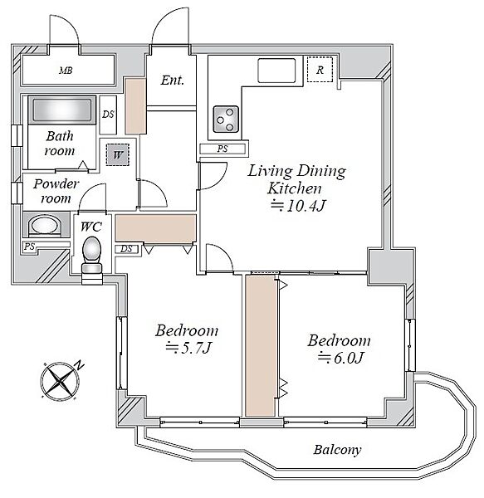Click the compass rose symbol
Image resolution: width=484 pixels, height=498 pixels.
pyautogui.click(x=60, y=380)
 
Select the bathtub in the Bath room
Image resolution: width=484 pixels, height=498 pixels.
pyautogui.click(x=62, y=110)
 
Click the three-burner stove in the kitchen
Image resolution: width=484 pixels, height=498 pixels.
pyautogui.click(x=226, y=119)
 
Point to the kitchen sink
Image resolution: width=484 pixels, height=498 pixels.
pyautogui.click(x=276, y=71)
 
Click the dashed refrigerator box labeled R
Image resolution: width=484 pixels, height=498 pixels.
pyautogui.click(x=320, y=70)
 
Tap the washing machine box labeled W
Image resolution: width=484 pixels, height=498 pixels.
pyautogui.click(x=118, y=154)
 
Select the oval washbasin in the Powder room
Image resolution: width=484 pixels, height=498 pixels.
pyautogui.click(x=45, y=226)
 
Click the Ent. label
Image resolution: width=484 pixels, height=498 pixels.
pyautogui.click(x=173, y=81)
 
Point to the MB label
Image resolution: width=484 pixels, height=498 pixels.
pyautogui.click(x=66, y=71)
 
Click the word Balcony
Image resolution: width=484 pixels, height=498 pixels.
pyautogui.click(x=337, y=450)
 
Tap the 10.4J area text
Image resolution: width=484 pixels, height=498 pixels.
pyautogui.click(x=298, y=206)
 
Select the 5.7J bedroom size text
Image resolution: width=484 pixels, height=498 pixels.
pyautogui.click(x=188, y=348)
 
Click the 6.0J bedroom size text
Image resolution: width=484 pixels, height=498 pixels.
pyautogui.click(x=340, y=358)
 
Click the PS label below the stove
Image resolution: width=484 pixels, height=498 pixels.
pyautogui.click(x=222, y=149)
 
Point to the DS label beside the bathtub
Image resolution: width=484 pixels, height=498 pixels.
pyautogui.click(x=108, y=114)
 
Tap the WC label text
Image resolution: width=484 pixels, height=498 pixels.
pyautogui.click(x=91, y=227)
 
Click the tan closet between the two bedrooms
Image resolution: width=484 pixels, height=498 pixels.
pyautogui.click(x=261, y=346)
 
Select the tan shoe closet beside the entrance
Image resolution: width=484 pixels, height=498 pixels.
pyautogui.click(x=135, y=105)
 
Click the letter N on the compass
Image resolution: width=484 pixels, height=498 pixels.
pyautogui.click(x=79, y=365)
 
